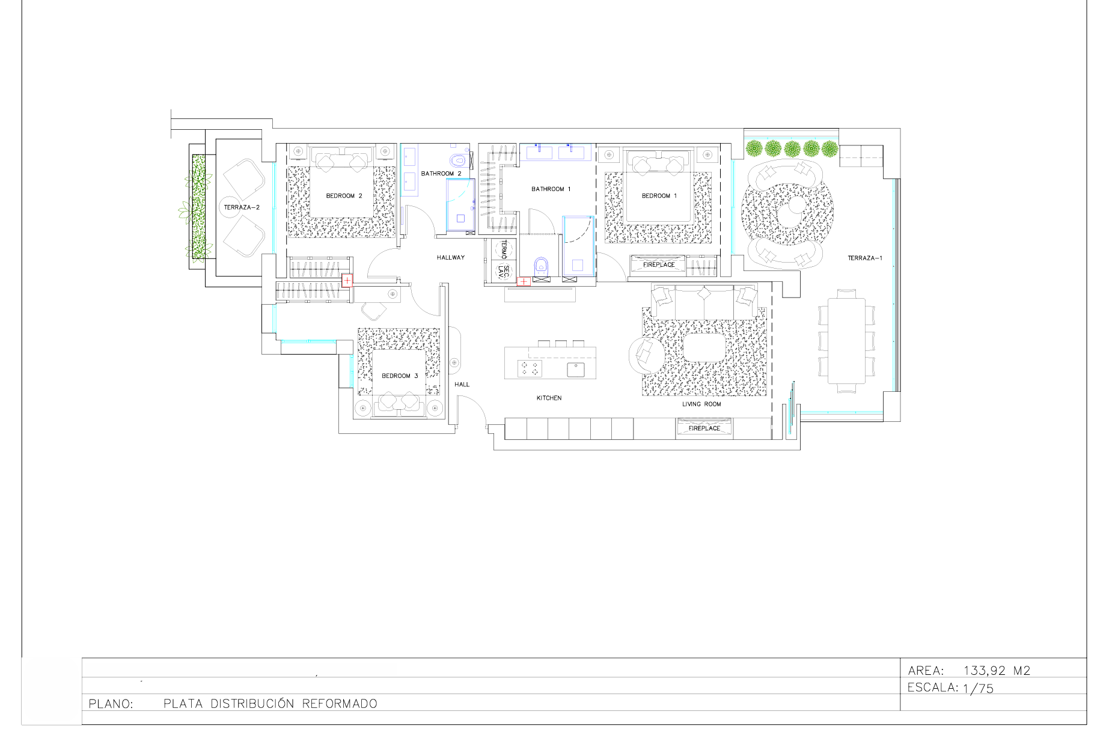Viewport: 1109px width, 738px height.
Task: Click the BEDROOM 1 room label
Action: point(659,196)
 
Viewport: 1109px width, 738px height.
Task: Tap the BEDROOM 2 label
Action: point(344,196)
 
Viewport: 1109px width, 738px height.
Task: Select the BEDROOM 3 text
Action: point(400,376)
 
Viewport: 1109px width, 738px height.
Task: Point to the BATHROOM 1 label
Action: point(551,189)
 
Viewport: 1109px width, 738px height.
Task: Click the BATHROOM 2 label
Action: point(441,174)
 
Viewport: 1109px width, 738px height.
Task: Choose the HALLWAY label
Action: point(451,258)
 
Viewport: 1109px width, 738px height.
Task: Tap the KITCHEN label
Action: point(549,398)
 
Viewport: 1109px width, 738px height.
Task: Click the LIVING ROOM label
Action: point(701,404)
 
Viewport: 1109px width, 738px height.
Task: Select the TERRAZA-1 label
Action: point(865,258)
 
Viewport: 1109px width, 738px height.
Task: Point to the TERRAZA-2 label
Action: point(242,207)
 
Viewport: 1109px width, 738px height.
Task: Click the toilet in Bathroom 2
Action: point(459,160)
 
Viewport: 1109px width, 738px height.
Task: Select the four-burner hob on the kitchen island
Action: point(530,368)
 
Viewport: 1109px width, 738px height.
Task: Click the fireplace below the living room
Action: point(704,428)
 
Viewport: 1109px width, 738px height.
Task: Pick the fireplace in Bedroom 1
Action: point(658,264)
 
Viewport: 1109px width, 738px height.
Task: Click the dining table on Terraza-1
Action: point(846,341)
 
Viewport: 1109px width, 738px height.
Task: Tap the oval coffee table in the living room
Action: point(705,347)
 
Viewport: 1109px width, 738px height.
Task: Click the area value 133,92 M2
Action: point(997,671)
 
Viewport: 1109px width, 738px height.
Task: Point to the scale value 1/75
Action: point(978,689)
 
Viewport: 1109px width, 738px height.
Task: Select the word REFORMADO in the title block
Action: point(340,704)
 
